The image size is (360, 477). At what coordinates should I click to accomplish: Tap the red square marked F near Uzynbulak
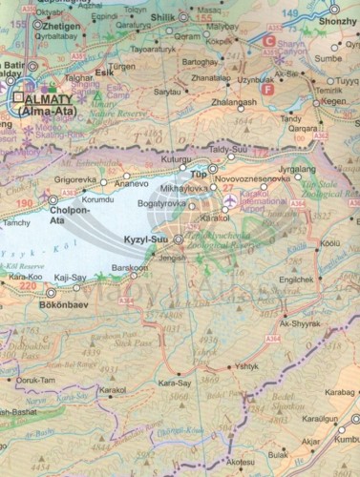click(266, 88)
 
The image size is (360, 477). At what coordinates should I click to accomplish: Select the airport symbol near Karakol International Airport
click(227, 189)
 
